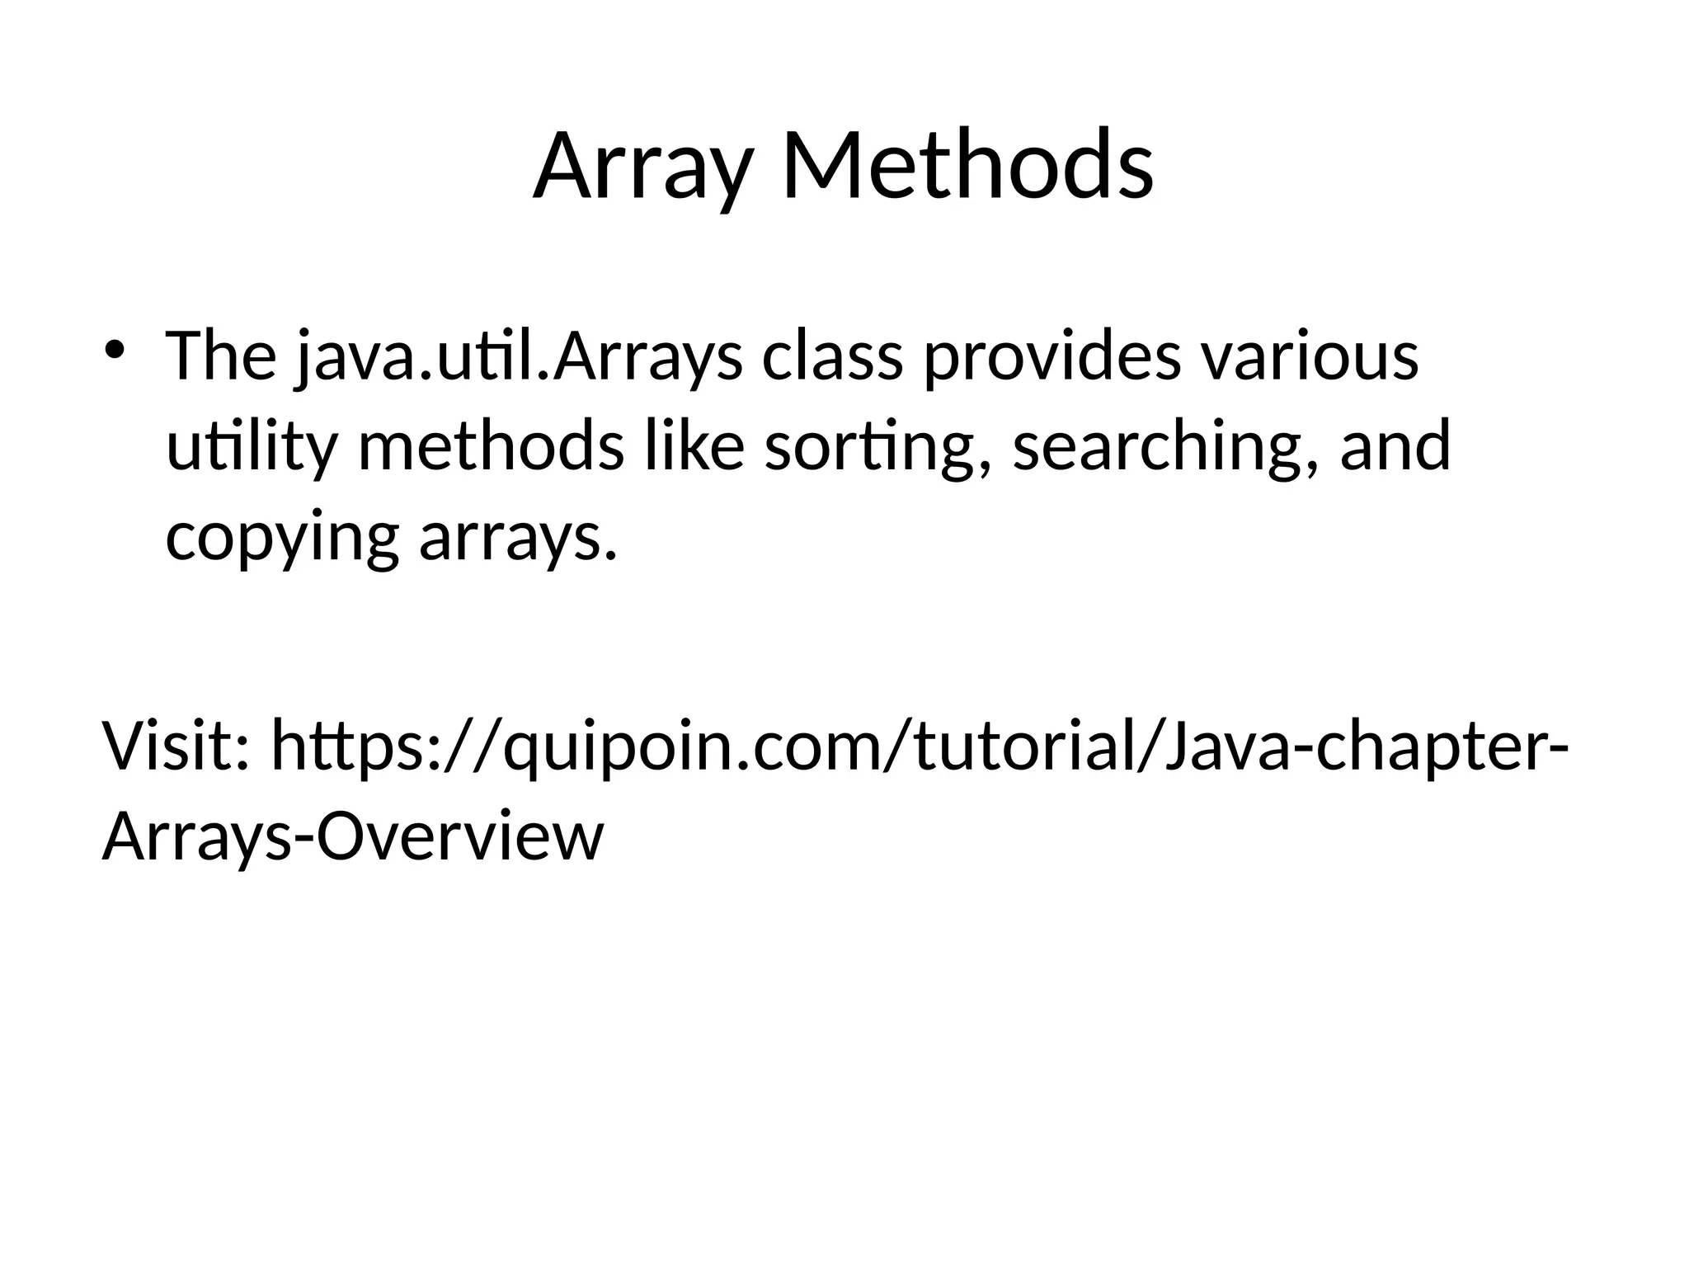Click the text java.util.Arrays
(520, 357)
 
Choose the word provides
(1052, 357)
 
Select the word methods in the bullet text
(491, 446)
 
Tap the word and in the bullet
(1395, 446)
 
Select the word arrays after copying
(518, 538)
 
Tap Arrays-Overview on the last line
(353, 836)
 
